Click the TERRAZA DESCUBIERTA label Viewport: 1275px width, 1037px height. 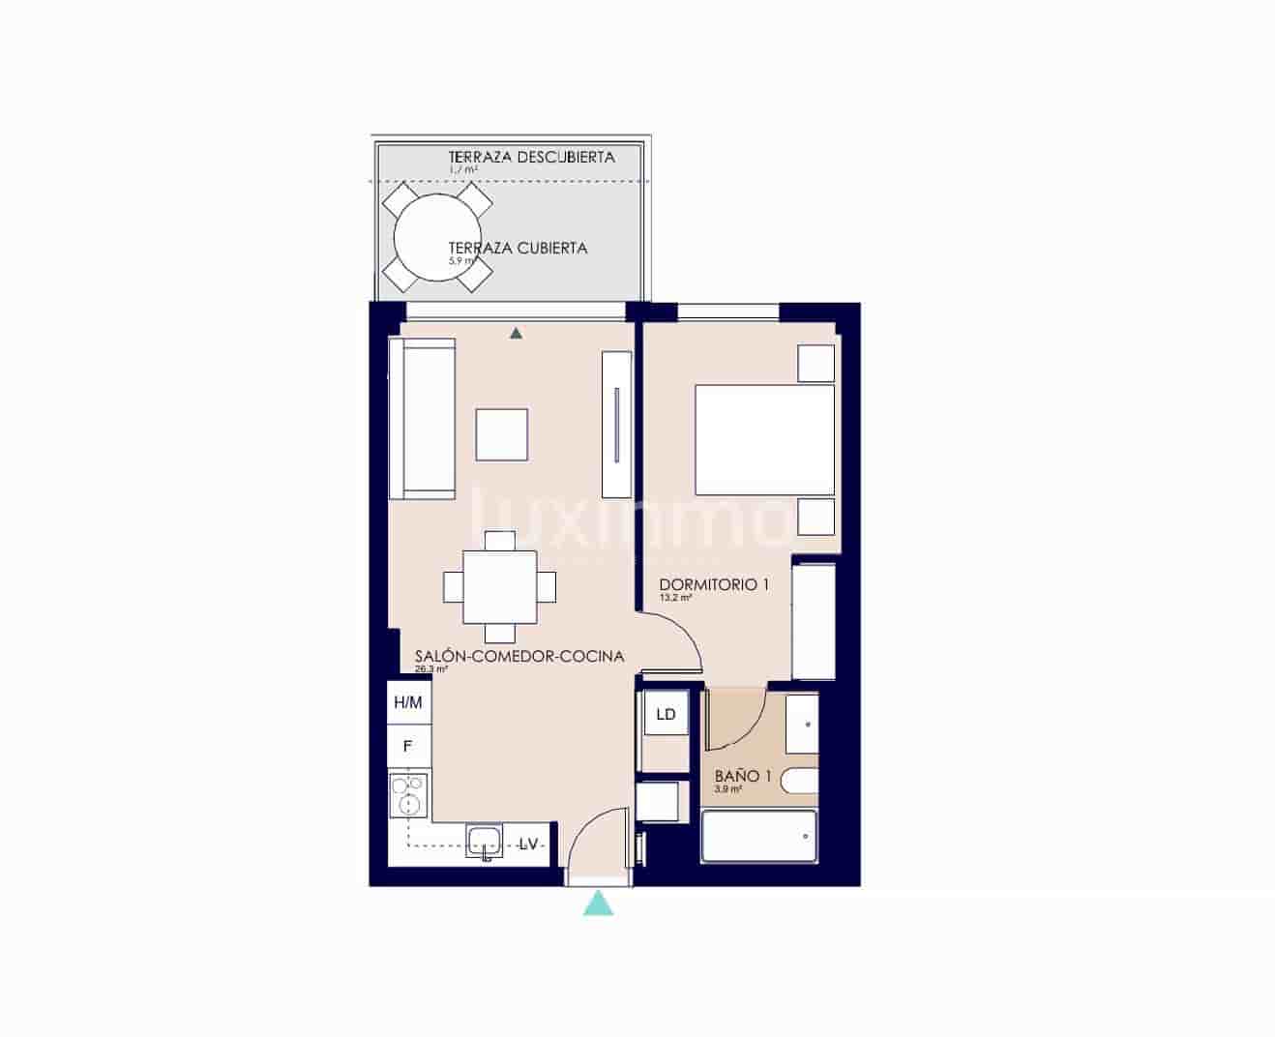click(531, 157)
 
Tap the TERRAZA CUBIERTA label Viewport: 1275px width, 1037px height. click(518, 248)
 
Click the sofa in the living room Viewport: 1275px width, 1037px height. click(422, 418)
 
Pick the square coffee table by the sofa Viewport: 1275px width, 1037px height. click(501, 434)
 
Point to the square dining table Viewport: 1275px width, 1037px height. click(499, 586)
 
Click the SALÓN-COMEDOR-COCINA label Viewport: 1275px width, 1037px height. click(519, 656)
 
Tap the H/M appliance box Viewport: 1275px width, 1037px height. click(408, 702)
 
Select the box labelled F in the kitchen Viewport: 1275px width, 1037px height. click(408, 746)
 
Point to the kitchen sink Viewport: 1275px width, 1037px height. click(484, 841)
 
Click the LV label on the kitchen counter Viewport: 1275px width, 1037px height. click(528, 844)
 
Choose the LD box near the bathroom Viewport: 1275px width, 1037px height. click(666, 715)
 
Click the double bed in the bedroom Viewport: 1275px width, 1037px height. click(764, 440)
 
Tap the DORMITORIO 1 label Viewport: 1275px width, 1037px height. click(714, 584)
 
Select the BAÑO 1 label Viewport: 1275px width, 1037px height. click(743, 776)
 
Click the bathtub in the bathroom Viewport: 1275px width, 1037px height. click(758, 836)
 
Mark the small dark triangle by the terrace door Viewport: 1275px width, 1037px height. click(517, 333)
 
